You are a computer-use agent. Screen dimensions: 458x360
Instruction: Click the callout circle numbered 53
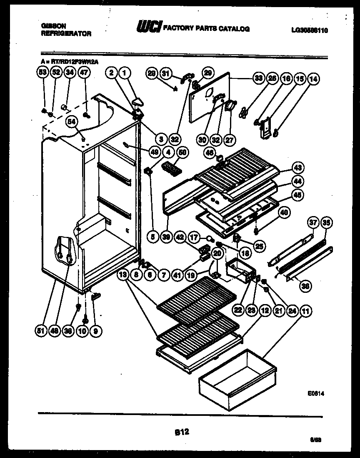41,72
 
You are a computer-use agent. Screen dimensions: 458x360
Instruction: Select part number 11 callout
306,310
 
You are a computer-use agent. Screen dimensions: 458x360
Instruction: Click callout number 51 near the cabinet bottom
41,332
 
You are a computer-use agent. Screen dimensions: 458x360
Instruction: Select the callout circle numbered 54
72,122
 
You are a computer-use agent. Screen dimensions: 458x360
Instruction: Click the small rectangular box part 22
239,270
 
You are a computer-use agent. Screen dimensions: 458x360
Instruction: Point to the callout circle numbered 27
229,140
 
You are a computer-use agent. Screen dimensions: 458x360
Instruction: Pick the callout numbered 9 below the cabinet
96,332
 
